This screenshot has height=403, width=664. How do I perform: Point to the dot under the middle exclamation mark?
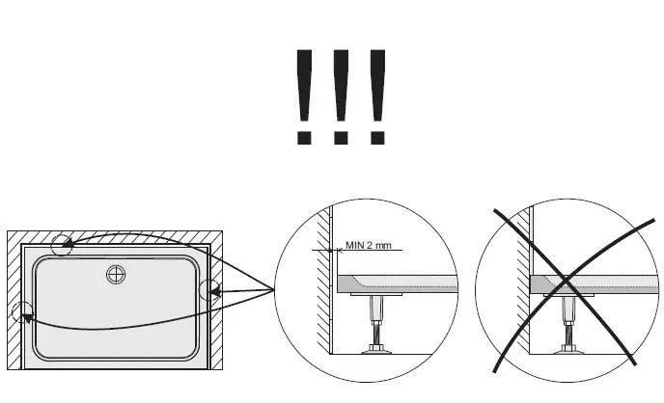(340, 136)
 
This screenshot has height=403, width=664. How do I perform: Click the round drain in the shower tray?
(117, 276)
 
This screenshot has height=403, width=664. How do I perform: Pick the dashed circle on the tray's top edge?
(62, 244)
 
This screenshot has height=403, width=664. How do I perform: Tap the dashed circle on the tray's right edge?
(209, 289)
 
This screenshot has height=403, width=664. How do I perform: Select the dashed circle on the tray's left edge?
(22, 312)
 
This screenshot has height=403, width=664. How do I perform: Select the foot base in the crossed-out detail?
(570, 348)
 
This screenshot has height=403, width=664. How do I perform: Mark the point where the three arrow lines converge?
(275, 289)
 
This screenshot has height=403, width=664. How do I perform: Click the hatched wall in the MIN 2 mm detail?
(326, 280)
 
